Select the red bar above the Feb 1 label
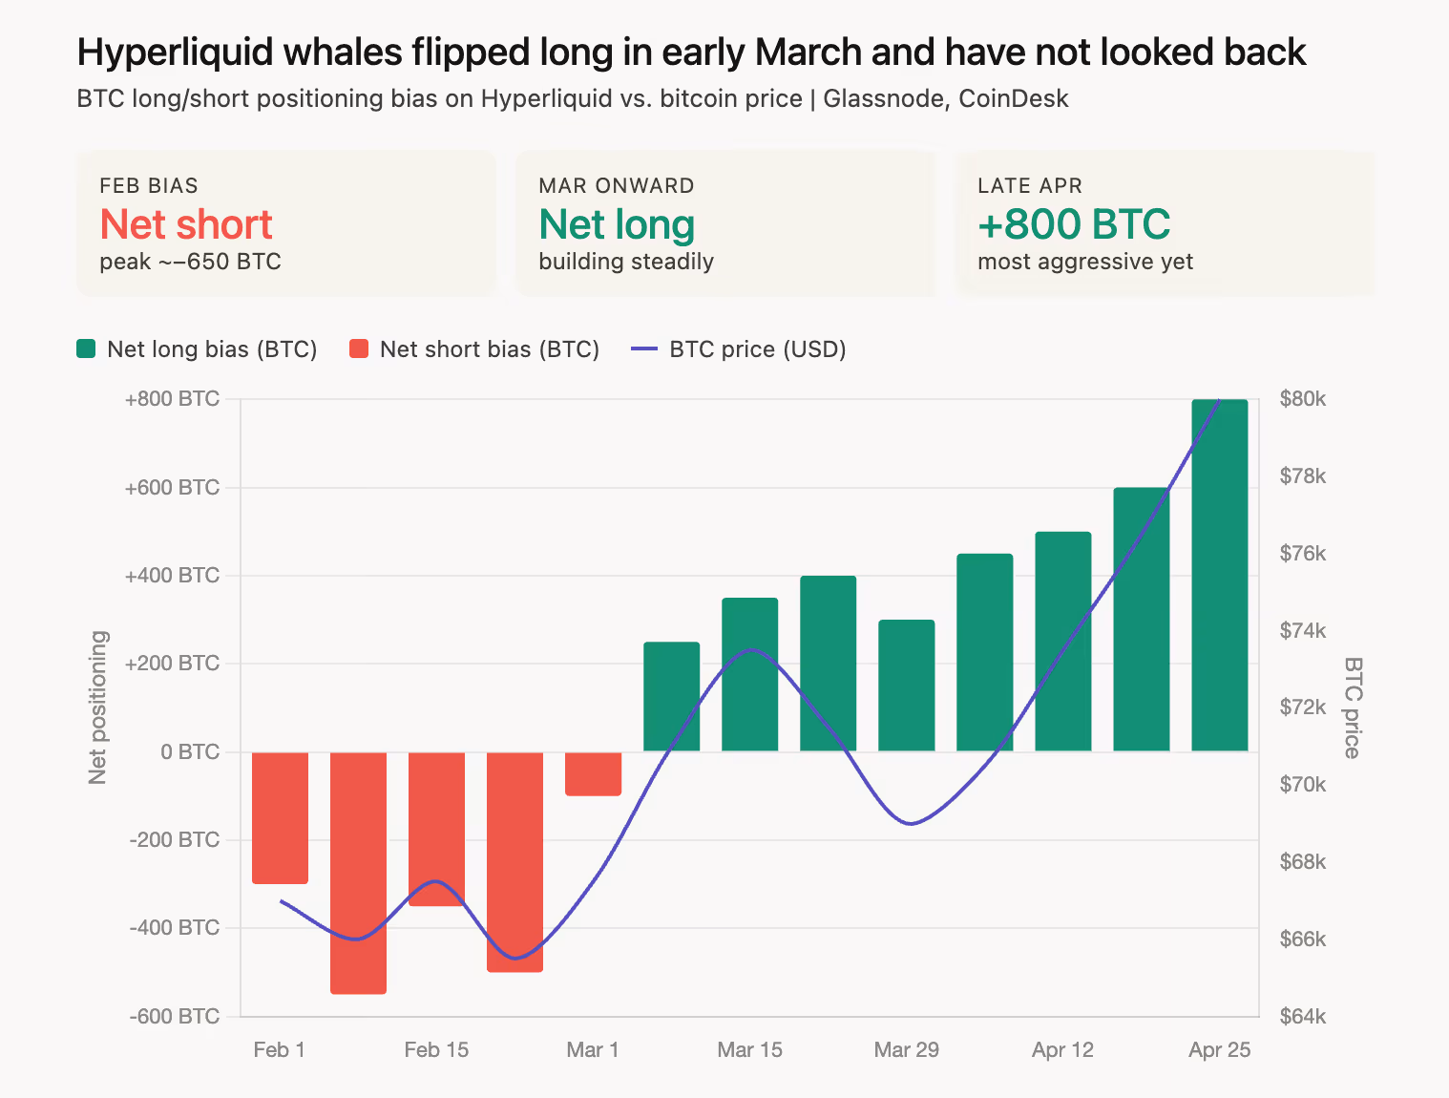(x=280, y=817)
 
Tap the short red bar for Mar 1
(x=593, y=773)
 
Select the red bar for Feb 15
(x=436, y=829)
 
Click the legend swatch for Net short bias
(x=359, y=348)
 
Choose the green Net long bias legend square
(x=86, y=348)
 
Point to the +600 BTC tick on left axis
(x=172, y=488)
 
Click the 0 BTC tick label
(x=190, y=752)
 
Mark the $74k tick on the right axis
(x=1302, y=630)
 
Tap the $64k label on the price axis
(x=1302, y=1017)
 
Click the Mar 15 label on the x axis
(x=749, y=1050)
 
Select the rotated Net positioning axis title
(x=97, y=707)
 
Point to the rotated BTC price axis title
(x=1352, y=707)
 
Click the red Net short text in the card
(x=186, y=225)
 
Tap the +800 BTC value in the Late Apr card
(x=1074, y=225)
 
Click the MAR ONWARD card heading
(x=616, y=186)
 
